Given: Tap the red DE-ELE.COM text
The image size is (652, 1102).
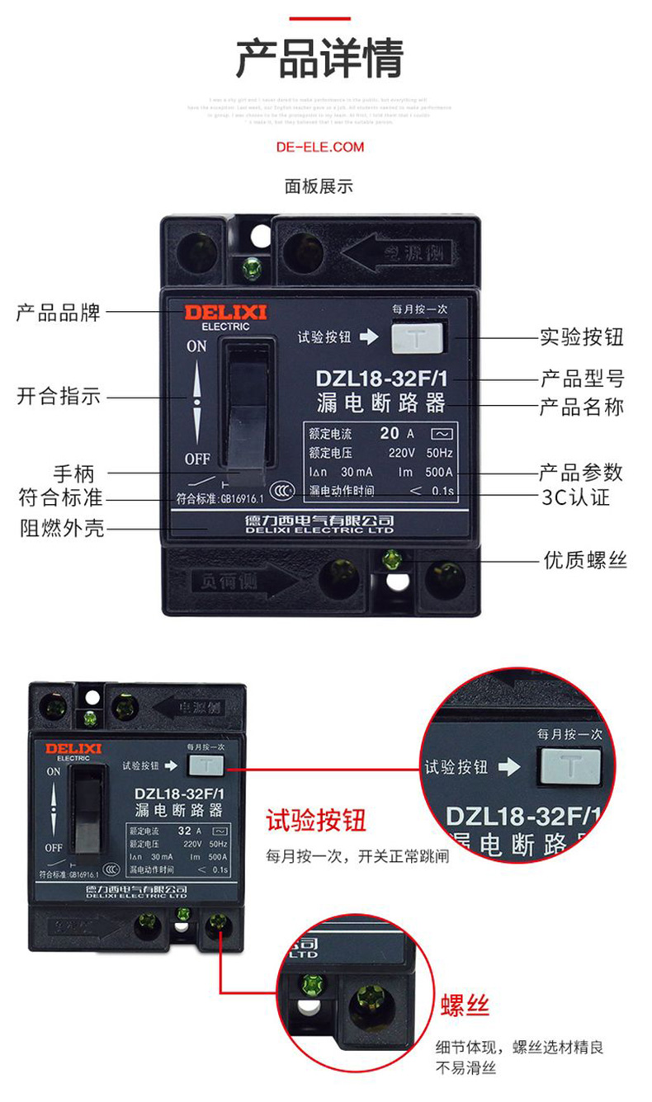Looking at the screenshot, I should (x=319, y=147).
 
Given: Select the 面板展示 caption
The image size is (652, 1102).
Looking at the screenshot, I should (x=319, y=186).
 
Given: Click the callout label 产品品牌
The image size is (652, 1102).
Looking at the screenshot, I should (x=59, y=313).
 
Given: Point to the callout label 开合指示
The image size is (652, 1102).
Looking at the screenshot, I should (x=59, y=396).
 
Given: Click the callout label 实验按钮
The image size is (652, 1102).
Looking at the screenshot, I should (x=581, y=337).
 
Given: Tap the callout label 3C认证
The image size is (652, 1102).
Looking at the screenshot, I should (x=581, y=498).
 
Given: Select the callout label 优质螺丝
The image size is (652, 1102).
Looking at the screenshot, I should (x=584, y=560).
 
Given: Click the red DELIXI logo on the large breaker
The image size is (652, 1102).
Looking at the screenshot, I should (x=213, y=313).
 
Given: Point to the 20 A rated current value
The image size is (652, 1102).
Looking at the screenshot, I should (x=397, y=433).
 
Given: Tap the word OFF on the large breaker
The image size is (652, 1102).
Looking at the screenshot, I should (x=196, y=459).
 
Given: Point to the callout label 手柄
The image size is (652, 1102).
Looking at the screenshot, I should (x=74, y=473).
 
